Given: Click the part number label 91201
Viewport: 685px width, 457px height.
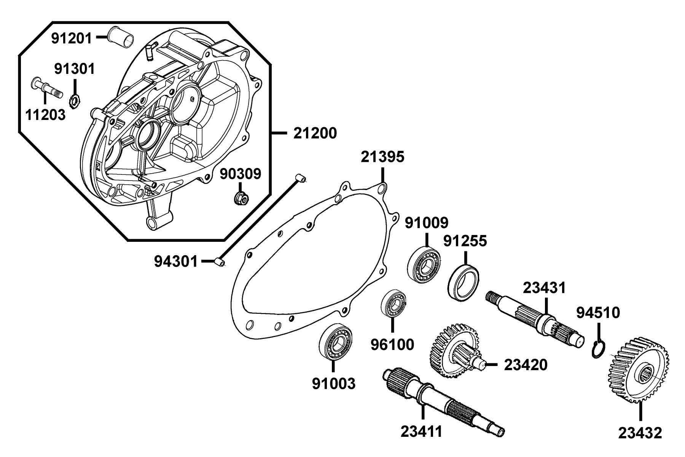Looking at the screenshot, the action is [x=72, y=38].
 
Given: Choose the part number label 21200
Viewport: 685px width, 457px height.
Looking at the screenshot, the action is [x=315, y=133].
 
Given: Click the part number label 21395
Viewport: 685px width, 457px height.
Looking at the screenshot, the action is [x=382, y=157].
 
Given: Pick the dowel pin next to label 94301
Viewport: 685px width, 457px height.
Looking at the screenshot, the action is [x=220, y=262].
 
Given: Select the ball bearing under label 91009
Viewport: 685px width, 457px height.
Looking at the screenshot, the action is [x=424, y=264].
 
